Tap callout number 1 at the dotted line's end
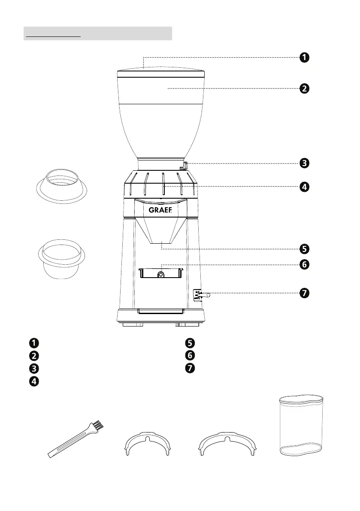coord(304,57)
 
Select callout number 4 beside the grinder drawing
coord(304,187)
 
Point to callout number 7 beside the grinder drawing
coord(304,293)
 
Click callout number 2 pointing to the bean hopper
coord(304,89)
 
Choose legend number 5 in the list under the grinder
coord(190,343)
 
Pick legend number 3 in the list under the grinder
coord(33,368)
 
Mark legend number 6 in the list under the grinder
coord(190,355)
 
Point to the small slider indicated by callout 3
coord(185,165)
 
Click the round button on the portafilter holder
coord(160,275)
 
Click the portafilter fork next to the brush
coord(147,446)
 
